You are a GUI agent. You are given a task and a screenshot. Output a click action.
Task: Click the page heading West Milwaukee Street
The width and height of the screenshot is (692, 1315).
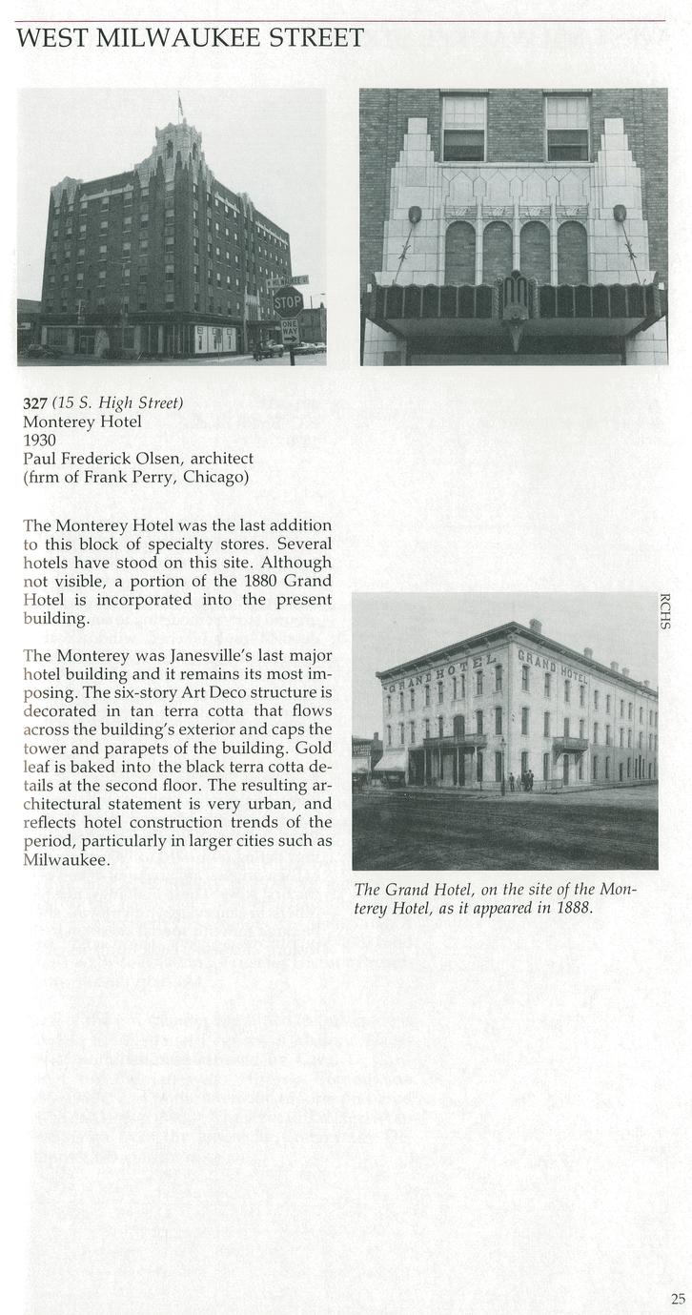click(191, 38)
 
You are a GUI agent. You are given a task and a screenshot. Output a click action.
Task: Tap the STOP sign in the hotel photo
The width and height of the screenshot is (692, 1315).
click(288, 301)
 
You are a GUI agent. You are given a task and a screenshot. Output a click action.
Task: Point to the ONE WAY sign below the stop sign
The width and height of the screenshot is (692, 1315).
click(289, 331)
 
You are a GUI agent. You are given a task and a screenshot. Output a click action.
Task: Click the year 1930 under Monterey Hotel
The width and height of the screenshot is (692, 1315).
click(39, 440)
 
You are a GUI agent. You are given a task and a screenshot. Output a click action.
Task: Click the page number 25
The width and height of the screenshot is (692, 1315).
click(677, 1297)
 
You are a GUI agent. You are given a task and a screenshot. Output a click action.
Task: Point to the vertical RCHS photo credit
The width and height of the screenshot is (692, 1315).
click(664, 611)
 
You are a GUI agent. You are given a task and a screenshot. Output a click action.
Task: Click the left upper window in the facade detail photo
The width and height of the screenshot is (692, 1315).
click(464, 127)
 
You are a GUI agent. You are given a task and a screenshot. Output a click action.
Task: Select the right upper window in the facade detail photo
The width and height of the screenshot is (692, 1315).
click(567, 127)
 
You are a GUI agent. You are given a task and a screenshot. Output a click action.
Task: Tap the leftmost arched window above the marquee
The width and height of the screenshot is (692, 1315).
click(460, 253)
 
